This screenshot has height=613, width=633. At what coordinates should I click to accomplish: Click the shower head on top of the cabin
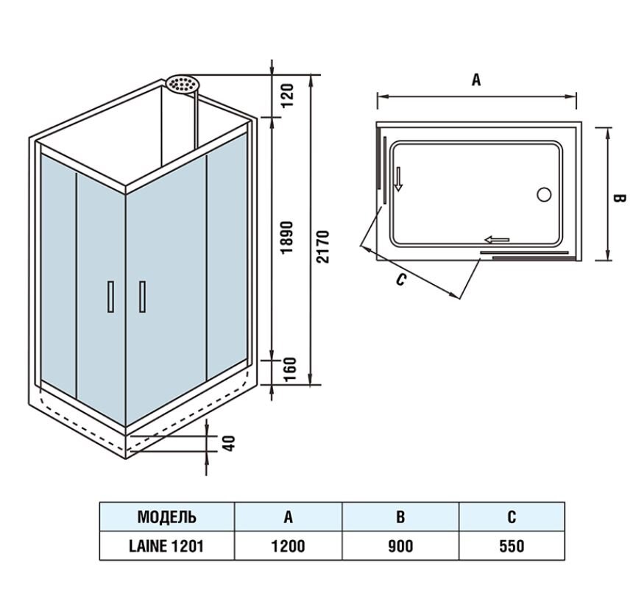180,84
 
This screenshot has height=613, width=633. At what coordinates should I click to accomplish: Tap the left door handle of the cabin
111,297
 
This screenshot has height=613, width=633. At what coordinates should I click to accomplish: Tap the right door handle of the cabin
142,297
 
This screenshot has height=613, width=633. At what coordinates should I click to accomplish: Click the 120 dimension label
288,95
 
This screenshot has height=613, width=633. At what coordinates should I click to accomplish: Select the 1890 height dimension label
287,237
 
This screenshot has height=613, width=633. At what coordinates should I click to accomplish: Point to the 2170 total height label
322,247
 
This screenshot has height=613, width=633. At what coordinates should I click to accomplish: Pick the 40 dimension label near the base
229,444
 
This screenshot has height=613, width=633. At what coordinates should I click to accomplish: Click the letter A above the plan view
476,79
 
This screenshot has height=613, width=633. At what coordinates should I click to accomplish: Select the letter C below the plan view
400,279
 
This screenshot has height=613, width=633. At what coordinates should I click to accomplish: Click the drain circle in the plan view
544,194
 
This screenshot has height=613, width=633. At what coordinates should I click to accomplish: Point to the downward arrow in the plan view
398,179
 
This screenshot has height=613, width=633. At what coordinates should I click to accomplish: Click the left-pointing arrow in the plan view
497,240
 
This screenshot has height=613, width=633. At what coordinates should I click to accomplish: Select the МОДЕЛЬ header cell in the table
167,517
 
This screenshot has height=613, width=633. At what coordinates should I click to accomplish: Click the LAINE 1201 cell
166,546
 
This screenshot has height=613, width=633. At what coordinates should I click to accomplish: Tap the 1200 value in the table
288,546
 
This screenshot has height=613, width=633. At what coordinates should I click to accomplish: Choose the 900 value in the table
400,546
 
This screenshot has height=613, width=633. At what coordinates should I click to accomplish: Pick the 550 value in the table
512,546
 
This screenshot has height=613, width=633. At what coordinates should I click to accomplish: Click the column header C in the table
512,517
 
